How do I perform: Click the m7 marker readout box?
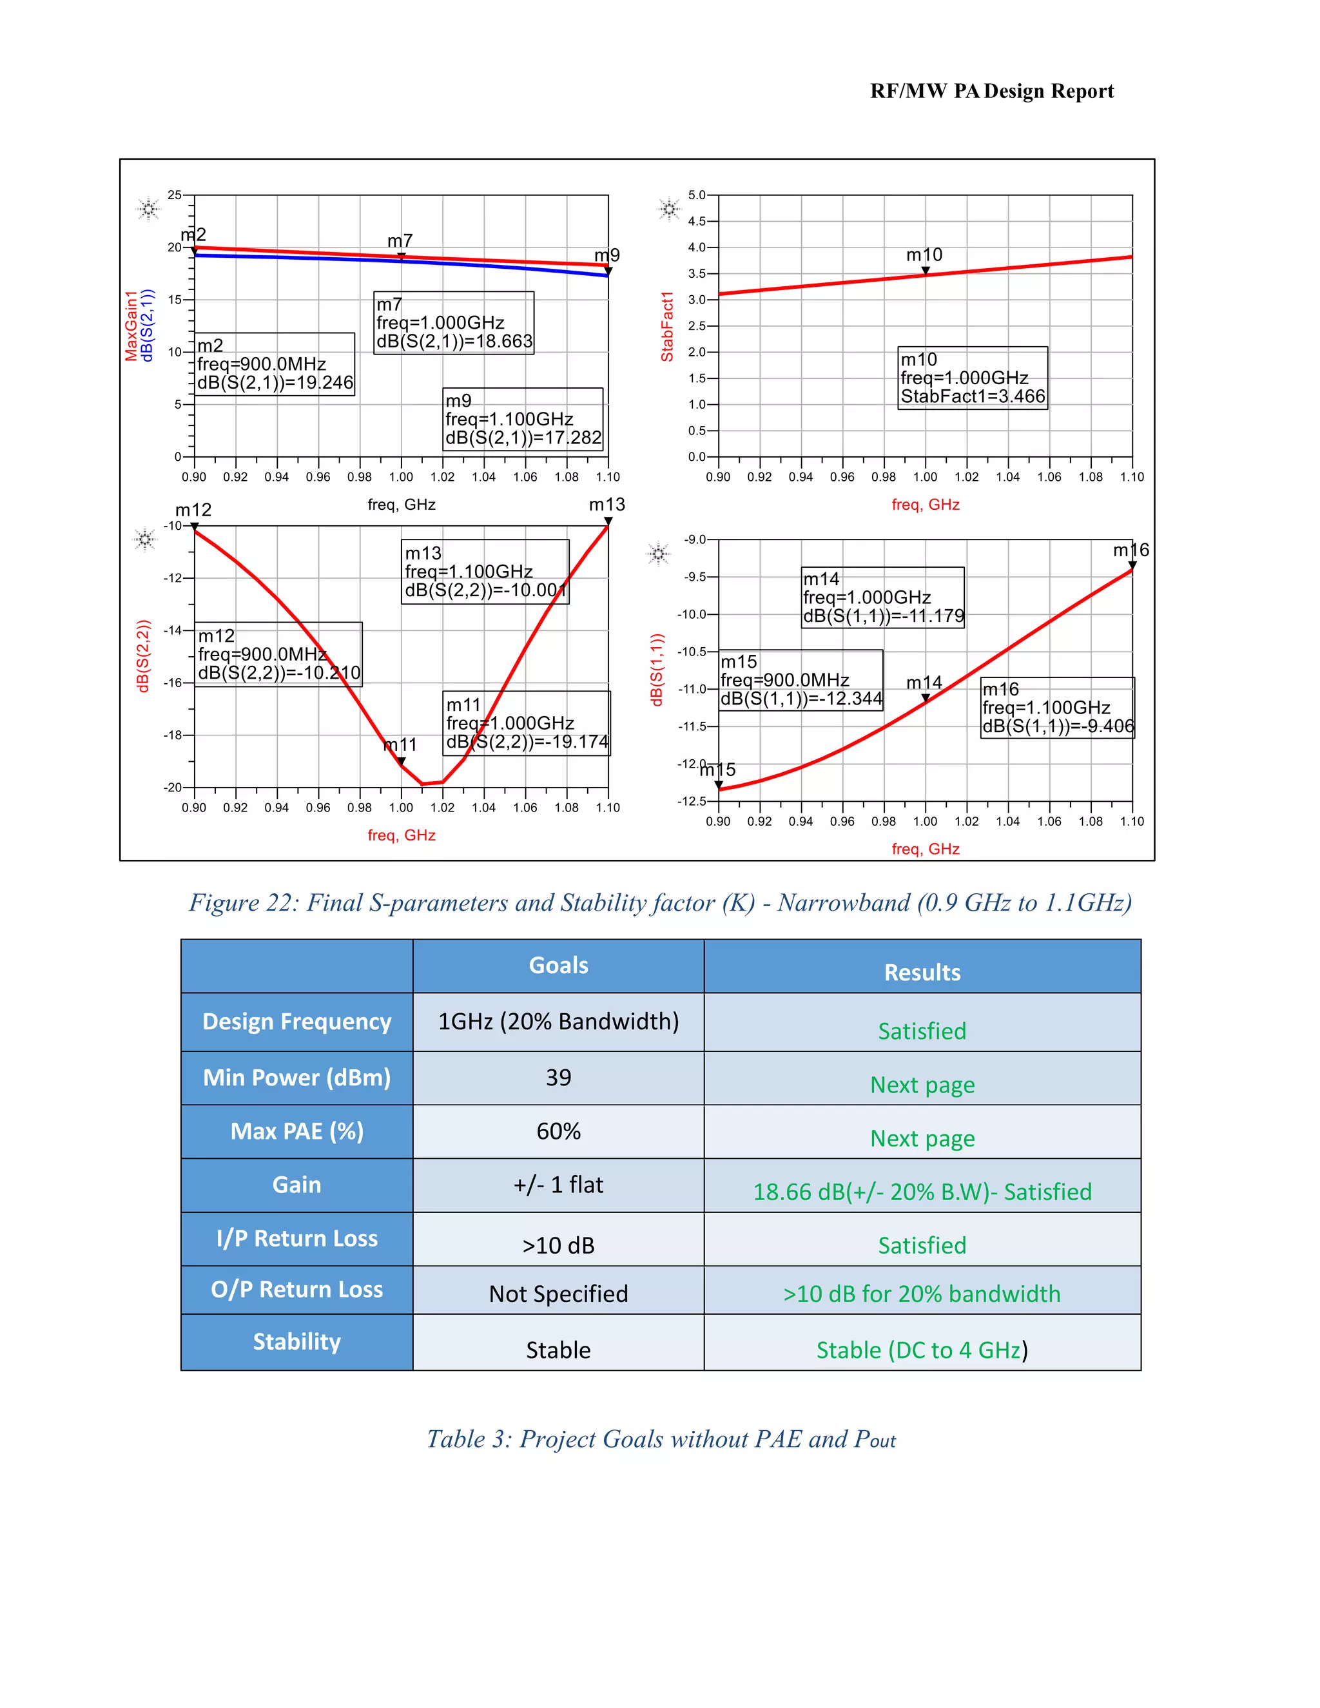tap(454, 323)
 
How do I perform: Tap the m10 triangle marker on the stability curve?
tap(925, 271)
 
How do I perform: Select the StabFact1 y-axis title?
tap(667, 326)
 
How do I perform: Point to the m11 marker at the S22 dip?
tap(401, 760)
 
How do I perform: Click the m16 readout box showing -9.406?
tap(1057, 708)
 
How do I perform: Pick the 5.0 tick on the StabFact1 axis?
tap(697, 195)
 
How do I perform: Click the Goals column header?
tap(558, 965)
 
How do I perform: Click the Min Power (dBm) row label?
tap(296, 1078)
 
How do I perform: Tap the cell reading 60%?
tap(558, 1131)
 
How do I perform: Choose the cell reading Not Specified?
tap(558, 1293)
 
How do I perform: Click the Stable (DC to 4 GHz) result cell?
tap(922, 1349)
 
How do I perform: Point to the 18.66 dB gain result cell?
tap(922, 1191)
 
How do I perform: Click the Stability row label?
tap(296, 1341)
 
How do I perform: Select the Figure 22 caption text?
tap(660, 902)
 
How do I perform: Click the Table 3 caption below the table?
tap(661, 1439)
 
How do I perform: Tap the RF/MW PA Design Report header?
tap(991, 92)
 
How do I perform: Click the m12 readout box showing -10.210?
tap(278, 654)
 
